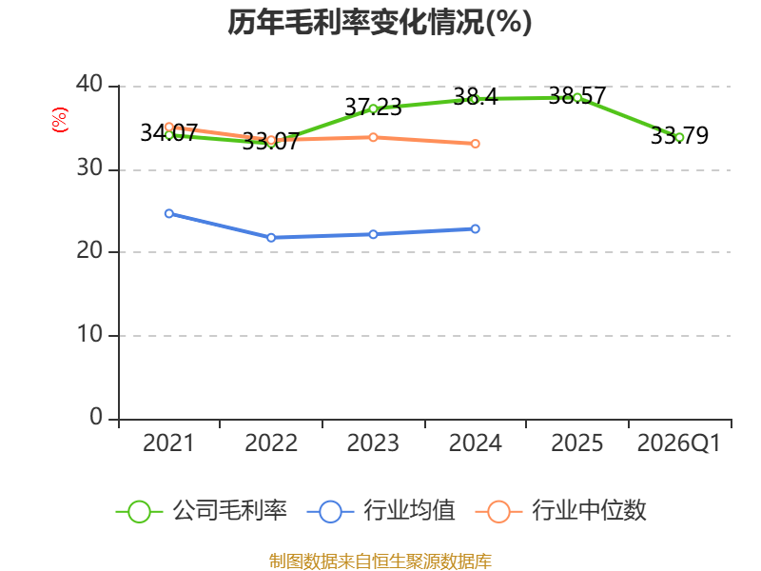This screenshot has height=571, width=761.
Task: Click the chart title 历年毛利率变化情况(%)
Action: [x=380, y=22]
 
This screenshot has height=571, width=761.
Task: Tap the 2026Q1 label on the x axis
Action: [x=679, y=443]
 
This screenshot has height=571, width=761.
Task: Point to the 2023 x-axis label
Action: [x=373, y=443]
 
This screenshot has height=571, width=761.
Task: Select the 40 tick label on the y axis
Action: [x=89, y=84]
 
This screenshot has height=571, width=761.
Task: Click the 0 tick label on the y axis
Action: [x=96, y=417]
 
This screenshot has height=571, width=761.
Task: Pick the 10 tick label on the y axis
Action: [x=89, y=334]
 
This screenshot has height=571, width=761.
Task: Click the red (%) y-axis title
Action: [x=60, y=120]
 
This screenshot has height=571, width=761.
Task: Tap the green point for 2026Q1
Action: [x=679, y=137]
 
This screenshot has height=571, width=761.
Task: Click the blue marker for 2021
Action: [x=169, y=213]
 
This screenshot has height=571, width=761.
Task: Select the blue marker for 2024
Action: [x=475, y=228]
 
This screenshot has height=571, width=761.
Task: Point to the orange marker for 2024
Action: [x=475, y=144]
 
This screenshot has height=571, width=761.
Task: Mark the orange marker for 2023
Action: [x=373, y=137]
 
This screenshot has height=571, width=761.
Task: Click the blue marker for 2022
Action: [x=271, y=237]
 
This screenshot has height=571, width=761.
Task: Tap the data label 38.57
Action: [x=577, y=96]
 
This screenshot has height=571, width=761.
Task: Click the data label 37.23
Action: [x=373, y=107]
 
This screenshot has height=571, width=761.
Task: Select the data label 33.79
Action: [x=679, y=135]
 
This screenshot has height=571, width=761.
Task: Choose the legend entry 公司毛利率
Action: [x=202, y=511]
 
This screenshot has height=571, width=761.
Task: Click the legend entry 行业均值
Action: [x=381, y=511]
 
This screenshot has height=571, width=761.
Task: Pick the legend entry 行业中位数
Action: [x=561, y=511]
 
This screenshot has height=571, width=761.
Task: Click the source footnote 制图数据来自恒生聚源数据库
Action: [x=380, y=561]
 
